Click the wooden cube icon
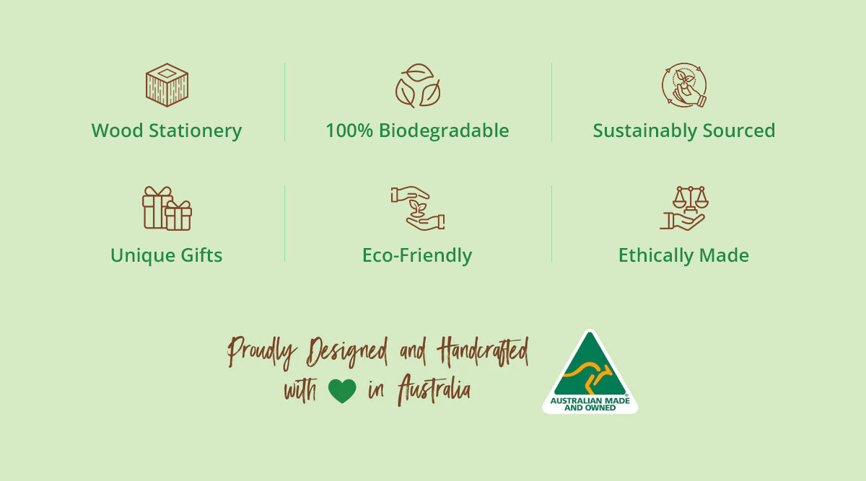coord(167,85)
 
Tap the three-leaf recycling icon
coord(418,85)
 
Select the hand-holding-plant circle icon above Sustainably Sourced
coord(684,85)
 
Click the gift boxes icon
coord(167,208)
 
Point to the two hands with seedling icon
coord(418,208)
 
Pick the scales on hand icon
coord(684,208)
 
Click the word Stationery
coord(196,131)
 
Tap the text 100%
coord(349,131)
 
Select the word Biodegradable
coord(444,131)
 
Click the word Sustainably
coord(645,131)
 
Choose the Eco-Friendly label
coord(417,256)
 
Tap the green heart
coord(342,391)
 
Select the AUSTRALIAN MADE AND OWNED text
coord(590,404)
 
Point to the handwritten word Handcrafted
coord(483,353)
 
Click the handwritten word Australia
coord(434,389)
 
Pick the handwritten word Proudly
coord(262,353)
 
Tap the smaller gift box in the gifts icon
coord(178,216)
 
